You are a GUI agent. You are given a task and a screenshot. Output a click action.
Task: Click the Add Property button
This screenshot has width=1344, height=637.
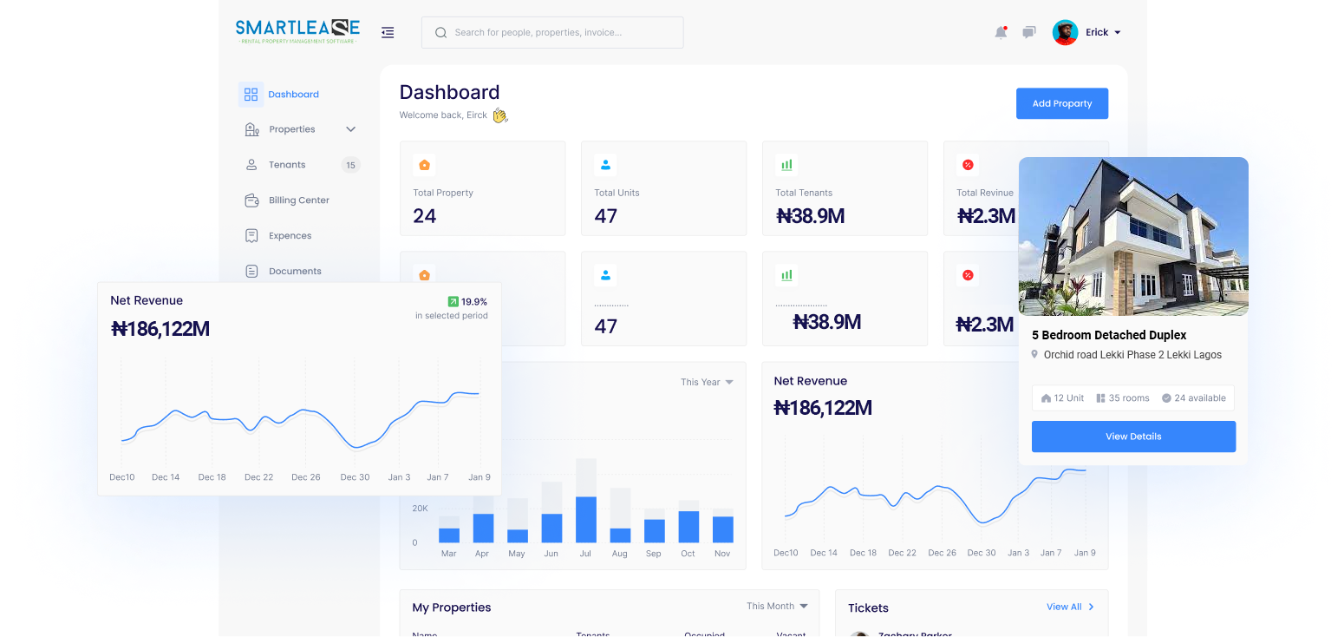(1061, 103)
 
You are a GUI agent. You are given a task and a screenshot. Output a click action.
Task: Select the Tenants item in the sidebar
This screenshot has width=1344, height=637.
(286, 165)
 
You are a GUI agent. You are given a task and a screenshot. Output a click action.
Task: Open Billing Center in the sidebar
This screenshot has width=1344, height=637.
(298, 200)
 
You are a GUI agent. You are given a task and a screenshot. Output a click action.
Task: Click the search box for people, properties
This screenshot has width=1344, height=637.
(552, 33)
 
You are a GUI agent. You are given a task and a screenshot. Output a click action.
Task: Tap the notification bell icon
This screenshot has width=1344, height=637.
(1001, 33)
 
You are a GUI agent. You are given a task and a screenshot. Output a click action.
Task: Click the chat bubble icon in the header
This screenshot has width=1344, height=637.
(1028, 33)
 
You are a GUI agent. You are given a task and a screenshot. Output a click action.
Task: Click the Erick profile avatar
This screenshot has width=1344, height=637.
(1065, 33)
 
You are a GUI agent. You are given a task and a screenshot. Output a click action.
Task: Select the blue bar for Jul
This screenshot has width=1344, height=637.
(586, 519)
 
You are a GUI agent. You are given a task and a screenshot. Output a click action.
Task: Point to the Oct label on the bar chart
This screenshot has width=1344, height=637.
(688, 554)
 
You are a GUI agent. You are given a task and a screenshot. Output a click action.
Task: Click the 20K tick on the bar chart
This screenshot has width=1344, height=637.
(420, 509)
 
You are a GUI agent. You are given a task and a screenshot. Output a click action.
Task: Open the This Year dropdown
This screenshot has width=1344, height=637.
(706, 382)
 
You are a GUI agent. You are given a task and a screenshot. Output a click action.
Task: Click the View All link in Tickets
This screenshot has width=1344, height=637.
(1069, 607)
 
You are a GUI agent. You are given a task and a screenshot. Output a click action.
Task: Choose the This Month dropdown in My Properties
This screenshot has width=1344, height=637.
(776, 606)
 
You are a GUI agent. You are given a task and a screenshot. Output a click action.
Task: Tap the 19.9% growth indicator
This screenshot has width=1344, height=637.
(467, 302)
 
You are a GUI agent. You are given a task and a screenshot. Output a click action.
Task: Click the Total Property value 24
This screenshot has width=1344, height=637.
(425, 216)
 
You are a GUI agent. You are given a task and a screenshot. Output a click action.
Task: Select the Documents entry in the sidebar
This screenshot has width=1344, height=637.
(295, 272)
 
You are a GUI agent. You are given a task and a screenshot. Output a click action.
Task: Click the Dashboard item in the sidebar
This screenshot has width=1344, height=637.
(293, 95)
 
